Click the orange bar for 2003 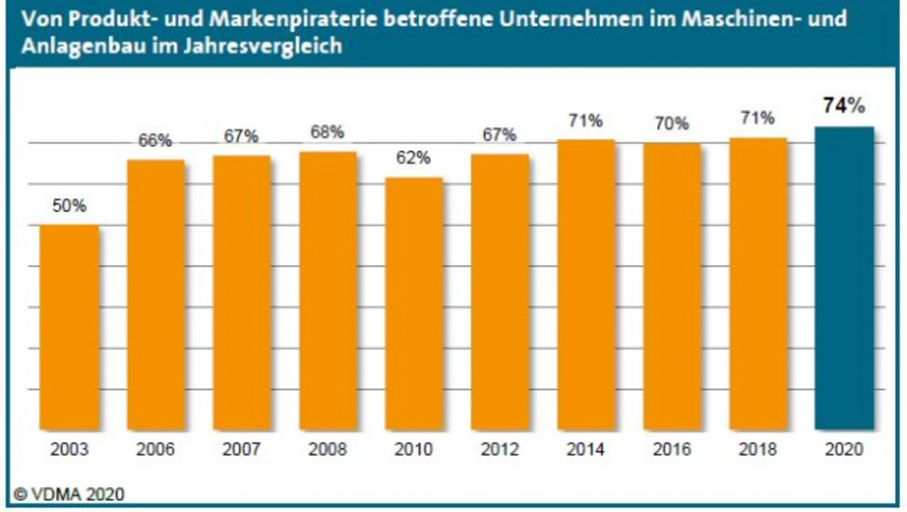click(x=69, y=328)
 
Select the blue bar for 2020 click(x=843, y=278)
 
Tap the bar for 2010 click(x=414, y=304)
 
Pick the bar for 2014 click(x=586, y=285)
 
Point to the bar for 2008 click(x=327, y=291)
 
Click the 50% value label click(x=69, y=206)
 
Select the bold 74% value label click(x=844, y=106)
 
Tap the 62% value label click(x=414, y=158)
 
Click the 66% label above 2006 click(x=155, y=140)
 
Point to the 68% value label click(x=327, y=132)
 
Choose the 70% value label click(x=672, y=124)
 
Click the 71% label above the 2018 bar click(x=758, y=118)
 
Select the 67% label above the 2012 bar click(x=500, y=135)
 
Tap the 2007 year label click(x=242, y=450)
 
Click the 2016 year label click(x=672, y=450)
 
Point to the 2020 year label click(x=844, y=450)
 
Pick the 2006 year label click(x=155, y=450)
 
